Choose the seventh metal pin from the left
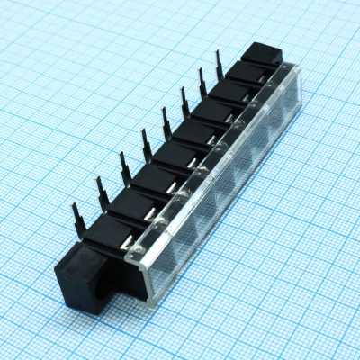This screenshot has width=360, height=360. [201, 83]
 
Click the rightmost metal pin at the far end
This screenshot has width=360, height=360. [218, 66]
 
